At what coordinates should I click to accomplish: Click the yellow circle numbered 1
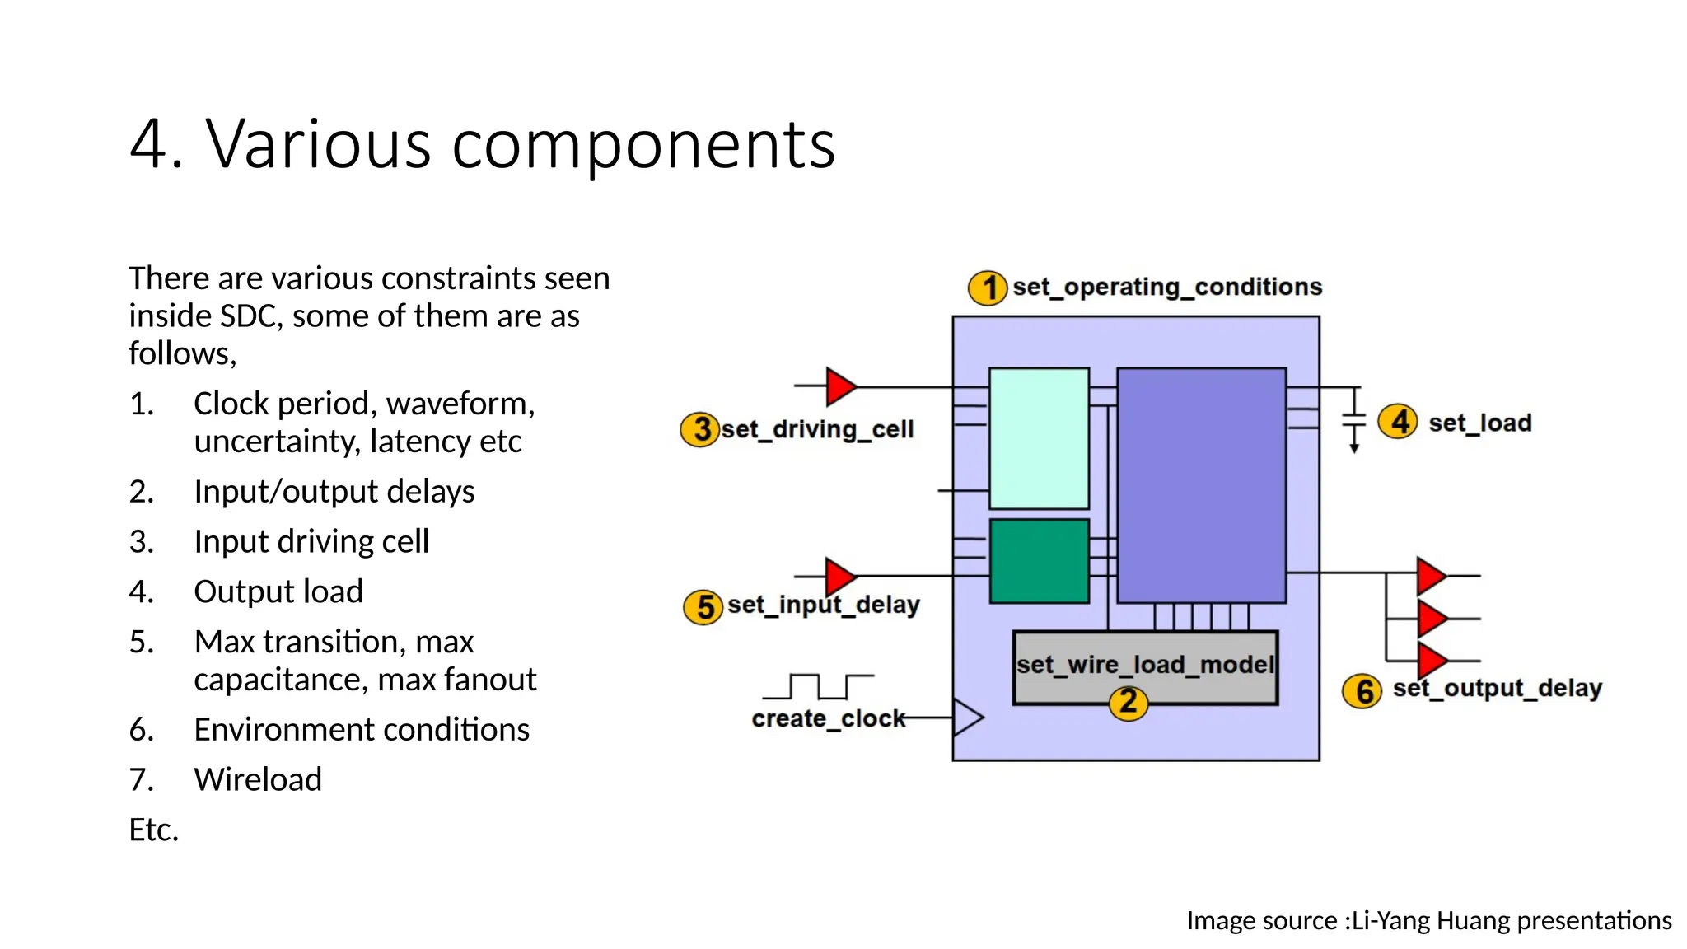[x=987, y=288]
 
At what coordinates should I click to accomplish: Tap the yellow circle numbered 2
[x=1128, y=702]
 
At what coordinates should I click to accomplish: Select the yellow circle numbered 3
[x=700, y=429]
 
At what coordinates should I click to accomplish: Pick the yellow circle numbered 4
[x=1398, y=423]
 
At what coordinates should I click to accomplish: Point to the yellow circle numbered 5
[x=703, y=607]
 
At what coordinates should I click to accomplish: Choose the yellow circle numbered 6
[x=1363, y=691]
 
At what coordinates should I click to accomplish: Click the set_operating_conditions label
[x=1166, y=287]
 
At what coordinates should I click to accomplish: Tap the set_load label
[x=1479, y=423]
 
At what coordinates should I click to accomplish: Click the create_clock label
[x=827, y=719]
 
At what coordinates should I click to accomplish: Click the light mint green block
[x=1038, y=438]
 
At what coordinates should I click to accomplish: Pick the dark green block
[x=1039, y=561]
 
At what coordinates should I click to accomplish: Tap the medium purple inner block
[x=1201, y=485]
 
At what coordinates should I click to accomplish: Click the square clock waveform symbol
[x=818, y=685]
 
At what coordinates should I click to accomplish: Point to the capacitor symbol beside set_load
[x=1353, y=420]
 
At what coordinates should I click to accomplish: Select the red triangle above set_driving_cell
[x=840, y=386]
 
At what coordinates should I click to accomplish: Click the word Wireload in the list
[x=258, y=779]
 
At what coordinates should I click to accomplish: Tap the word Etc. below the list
[x=154, y=830]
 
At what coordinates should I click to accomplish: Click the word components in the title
[x=643, y=144]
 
